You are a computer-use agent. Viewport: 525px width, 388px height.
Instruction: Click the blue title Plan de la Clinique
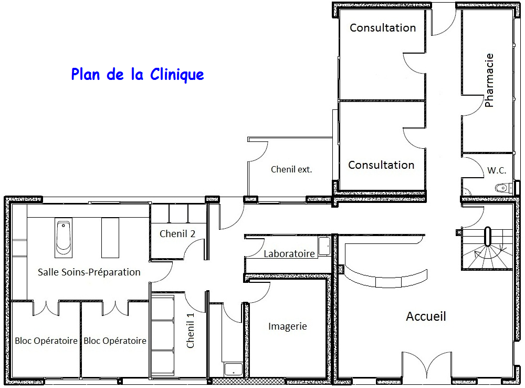[x=138, y=75]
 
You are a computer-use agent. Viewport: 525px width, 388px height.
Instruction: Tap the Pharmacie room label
[x=489, y=80]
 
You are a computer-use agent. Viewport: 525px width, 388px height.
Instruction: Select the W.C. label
[x=496, y=170]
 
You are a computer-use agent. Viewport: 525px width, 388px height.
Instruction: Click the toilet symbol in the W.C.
[x=502, y=187]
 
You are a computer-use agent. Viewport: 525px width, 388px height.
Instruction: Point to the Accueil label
[x=426, y=316]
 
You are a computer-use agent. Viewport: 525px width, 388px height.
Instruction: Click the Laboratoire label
[x=289, y=254]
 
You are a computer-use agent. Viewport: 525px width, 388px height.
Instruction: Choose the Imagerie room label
[x=287, y=326]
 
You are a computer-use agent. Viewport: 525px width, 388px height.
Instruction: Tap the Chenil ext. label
[x=291, y=169]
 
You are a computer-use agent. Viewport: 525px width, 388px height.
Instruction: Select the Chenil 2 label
[x=177, y=234]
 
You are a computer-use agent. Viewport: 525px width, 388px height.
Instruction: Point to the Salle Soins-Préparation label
[x=89, y=272]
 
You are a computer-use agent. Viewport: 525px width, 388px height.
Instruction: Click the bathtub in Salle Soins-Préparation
[x=63, y=237]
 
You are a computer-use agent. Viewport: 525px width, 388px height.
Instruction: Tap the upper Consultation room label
[x=383, y=28]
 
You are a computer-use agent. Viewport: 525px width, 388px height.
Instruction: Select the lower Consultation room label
[x=381, y=165]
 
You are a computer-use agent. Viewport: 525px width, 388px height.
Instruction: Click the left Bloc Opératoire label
[x=46, y=341]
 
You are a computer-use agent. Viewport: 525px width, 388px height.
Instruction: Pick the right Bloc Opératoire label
[x=115, y=341]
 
